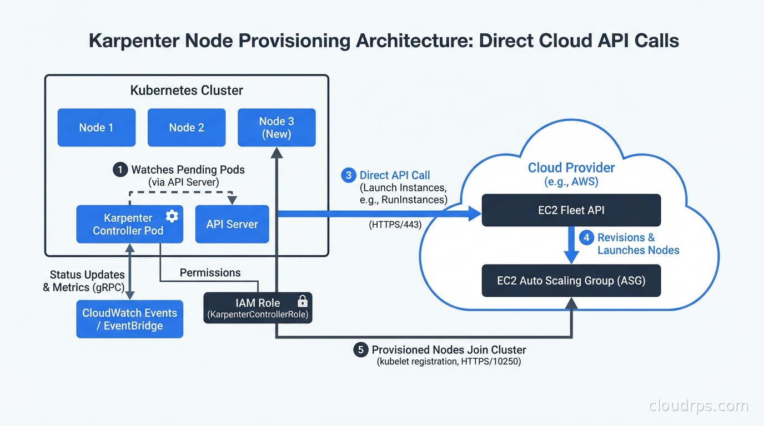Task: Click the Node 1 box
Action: [96, 128]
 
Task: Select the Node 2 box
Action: [187, 128]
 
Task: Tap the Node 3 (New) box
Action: [277, 128]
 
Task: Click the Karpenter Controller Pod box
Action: [129, 224]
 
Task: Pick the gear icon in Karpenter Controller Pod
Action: [172, 216]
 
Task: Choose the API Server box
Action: [232, 224]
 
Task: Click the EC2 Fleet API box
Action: [571, 210]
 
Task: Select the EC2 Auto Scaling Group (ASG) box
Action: [571, 281]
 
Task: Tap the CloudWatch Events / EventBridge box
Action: [129, 319]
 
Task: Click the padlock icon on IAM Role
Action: [303, 301]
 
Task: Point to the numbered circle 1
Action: [120, 170]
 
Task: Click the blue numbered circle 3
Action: [348, 175]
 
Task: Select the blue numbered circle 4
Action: [586, 238]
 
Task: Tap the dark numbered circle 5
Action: [361, 349]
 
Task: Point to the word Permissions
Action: [210, 272]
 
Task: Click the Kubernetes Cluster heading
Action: [187, 90]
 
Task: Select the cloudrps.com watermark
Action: [698, 406]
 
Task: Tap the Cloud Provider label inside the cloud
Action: [571, 168]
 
